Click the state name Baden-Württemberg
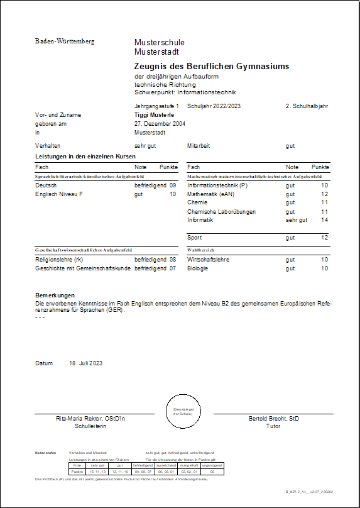click(64, 41)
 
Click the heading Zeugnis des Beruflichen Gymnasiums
click(212, 66)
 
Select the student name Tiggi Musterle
click(155, 115)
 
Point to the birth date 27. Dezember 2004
click(160, 124)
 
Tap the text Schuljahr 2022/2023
click(214, 106)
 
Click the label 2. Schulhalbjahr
click(307, 106)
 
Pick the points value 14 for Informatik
click(324, 220)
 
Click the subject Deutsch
click(46, 186)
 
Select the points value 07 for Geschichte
click(172, 268)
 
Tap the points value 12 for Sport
click(324, 238)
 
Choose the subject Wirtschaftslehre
click(208, 259)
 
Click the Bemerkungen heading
click(55, 295)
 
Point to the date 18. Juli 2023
click(85, 363)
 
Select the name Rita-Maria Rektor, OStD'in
click(90, 418)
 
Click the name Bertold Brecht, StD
click(273, 418)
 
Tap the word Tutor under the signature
click(273, 426)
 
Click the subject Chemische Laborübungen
click(221, 212)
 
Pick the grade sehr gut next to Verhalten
click(145, 145)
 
